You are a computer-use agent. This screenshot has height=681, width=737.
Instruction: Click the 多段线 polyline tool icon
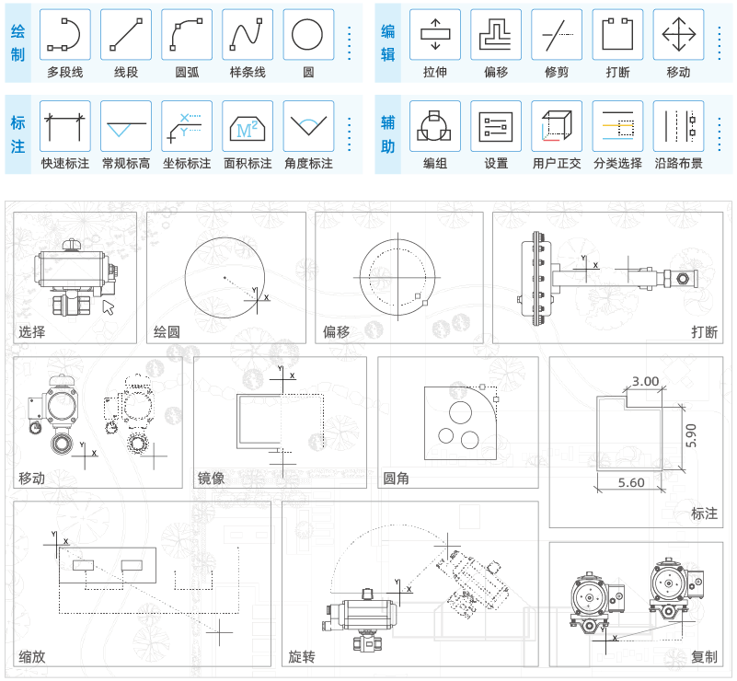[x=64, y=34]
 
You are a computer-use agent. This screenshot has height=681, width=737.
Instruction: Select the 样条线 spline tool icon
[x=248, y=34]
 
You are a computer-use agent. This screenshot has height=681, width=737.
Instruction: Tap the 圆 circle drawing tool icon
[x=308, y=34]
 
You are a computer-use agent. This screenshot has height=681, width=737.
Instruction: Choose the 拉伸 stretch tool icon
[x=435, y=34]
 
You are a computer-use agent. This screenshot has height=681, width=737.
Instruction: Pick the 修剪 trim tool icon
[x=557, y=34]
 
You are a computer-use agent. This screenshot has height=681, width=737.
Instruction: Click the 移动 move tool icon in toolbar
[x=678, y=34]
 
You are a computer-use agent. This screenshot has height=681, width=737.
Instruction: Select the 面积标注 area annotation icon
[x=248, y=126]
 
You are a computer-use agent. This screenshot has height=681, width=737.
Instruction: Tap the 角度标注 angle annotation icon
[x=308, y=126]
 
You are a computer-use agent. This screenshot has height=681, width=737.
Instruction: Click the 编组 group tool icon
[x=435, y=126]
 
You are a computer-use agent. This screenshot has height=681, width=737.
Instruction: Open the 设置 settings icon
[x=496, y=126]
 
